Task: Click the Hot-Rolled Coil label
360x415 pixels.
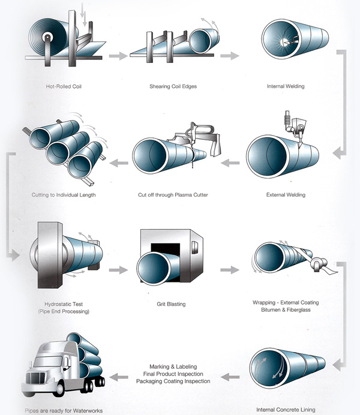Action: pos(64,86)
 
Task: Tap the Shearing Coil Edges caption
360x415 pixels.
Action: pos(173,86)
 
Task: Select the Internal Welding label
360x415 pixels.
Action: pos(285,86)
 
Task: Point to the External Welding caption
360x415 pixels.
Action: pos(286,195)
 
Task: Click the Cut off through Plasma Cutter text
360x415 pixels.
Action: pos(173,195)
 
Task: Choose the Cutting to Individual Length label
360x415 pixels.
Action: pos(64,195)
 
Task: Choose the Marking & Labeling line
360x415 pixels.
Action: pos(173,366)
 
